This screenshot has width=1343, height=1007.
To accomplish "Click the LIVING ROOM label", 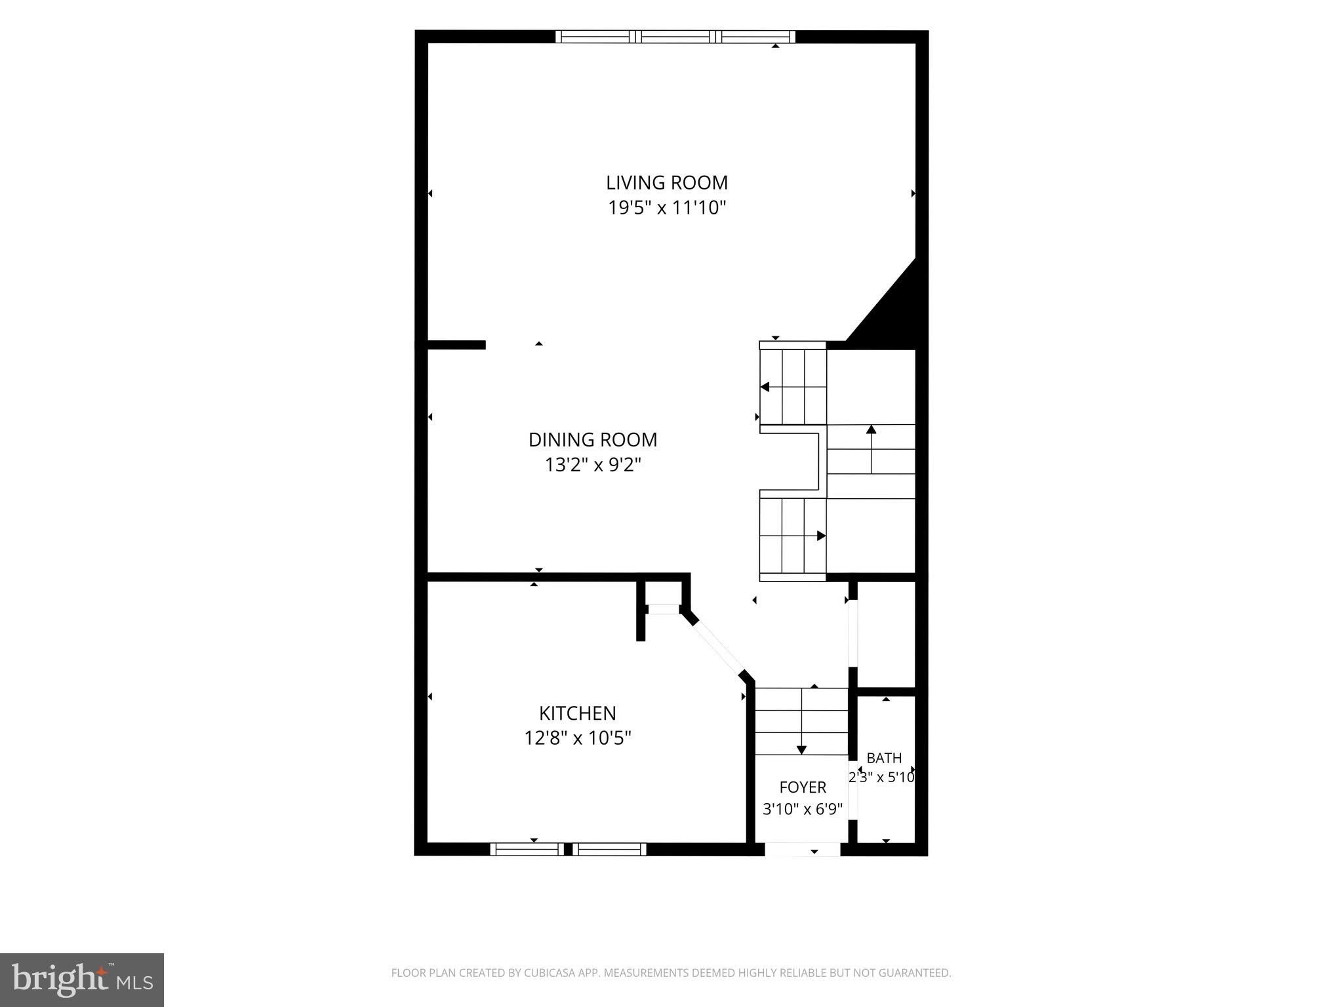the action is click(667, 182).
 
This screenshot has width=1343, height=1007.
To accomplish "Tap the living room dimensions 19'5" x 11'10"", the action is click(667, 208).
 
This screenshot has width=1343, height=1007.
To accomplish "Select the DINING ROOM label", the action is click(593, 439).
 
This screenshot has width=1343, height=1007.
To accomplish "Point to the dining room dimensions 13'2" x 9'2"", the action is click(593, 465).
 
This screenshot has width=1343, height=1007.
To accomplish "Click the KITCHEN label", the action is click(578, 713).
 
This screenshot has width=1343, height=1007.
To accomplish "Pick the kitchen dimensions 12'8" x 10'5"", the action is click(578, 738).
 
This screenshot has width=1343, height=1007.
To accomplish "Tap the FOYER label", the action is click(803, 787).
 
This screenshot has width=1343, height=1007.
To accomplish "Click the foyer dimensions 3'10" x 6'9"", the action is click(803, 809).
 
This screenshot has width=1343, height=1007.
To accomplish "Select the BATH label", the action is click(884, 758).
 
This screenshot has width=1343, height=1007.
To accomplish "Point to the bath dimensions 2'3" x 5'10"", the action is click(882, 778).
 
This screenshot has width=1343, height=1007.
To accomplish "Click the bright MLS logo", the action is click(82, 979).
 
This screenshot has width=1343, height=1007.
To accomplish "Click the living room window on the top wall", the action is click(675, 37).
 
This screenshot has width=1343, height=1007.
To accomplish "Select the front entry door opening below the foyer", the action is click(803, 849).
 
